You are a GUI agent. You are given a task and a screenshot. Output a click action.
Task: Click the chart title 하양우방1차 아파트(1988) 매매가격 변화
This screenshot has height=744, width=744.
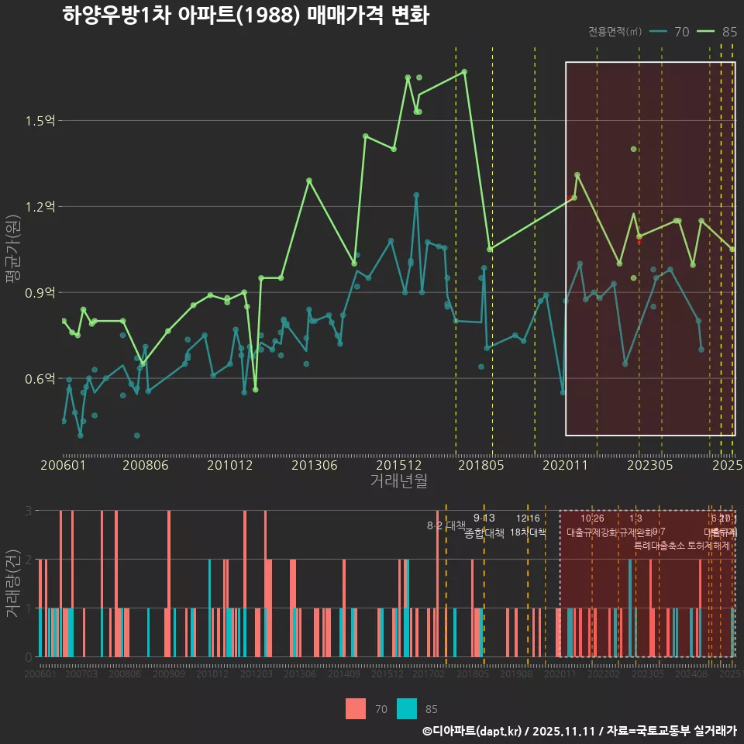[246, 15]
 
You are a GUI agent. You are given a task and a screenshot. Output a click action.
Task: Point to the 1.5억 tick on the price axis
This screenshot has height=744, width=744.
[40, 121]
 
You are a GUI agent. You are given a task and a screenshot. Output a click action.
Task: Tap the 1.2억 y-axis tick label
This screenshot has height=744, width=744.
[40, 207]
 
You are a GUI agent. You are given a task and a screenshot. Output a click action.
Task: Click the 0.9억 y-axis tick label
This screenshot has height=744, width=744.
[40, 293]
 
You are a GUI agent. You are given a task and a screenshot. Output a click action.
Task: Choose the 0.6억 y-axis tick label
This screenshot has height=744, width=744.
[40, 379]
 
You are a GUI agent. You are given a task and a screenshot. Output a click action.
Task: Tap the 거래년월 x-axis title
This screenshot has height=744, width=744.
[398, 481]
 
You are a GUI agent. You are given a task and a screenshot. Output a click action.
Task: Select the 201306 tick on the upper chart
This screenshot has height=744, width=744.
[315, 465]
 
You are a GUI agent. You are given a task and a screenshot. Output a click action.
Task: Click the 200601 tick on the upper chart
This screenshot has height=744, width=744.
[62, 465]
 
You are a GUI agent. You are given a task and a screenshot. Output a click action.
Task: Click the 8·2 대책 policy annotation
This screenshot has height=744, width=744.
[446, 525]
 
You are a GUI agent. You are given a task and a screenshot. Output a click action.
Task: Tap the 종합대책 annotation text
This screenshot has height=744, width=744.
[484, 533]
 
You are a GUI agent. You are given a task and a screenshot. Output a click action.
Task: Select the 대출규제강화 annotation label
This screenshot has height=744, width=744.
[591, 532]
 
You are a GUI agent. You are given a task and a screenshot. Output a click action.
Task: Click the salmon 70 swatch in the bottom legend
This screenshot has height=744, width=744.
[356, 708]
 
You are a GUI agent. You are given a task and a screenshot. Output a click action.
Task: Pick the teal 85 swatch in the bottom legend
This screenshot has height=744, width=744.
[407, 708]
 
